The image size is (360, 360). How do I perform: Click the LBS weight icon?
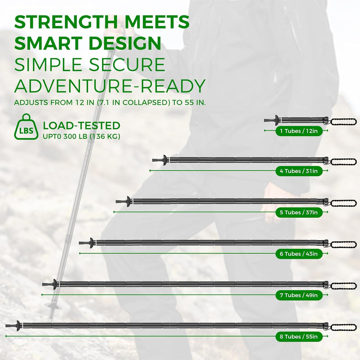pyautogui.click(x=24, y=127)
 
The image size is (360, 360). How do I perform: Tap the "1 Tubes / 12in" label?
pyautogui.click(x=299, y=131)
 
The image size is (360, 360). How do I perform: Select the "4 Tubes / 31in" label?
pyautogui.click(x=299, y=171)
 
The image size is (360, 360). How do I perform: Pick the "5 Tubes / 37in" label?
pyautogui.click(x=299, y=212)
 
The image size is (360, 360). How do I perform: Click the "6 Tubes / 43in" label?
pyautogui.click(x=299, y=254)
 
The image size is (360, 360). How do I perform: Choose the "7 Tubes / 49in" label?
pyautogui.click(x=299, y=295)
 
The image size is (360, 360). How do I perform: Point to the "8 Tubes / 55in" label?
pyautogui.click(x=299, y=337)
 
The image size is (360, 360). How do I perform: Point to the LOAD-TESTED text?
pyautogui.click(x=81, y=126)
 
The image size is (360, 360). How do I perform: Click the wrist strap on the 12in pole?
pyautogui.click(x=343, y=121)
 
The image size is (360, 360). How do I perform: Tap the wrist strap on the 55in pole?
pyautogui.click(x=343, y=327)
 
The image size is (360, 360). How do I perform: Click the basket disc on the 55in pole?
pyautogui.click(x=18, y=325)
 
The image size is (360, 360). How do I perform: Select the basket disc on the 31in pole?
pyautogui.click(x=164, y=160)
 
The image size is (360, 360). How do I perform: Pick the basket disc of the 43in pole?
pyautogui.click(x=91, y=243)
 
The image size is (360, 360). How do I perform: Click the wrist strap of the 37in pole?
pyautogui.click(x=343, y=203)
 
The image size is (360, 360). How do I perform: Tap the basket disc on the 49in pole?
pyautogui.click(x=54, y=284)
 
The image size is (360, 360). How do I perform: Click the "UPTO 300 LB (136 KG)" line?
pyautogui.click(x=81, y=136)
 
